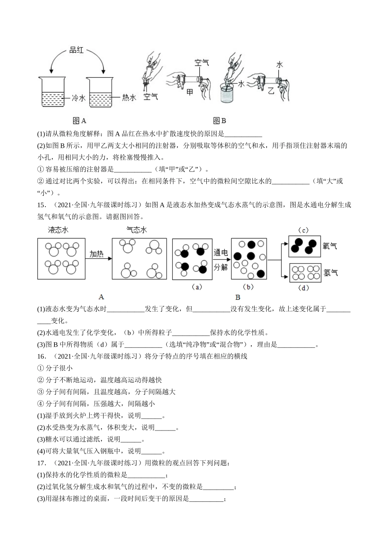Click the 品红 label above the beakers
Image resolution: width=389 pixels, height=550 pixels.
tap(77, 50)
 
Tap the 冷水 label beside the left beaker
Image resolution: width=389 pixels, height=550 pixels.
tap(79, 98)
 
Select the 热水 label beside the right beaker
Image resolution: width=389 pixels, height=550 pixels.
tap(129, 98)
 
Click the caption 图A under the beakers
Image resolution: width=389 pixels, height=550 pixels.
tap(79, 121)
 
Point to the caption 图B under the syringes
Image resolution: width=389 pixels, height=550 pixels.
tap(219, 121)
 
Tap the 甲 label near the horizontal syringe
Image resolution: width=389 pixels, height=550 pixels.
tap(190, 92)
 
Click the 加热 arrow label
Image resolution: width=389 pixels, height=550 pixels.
tap(97, 254)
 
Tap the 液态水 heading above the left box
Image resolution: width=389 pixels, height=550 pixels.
tap(58, 230)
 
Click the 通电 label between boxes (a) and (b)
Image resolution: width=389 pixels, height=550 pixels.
tap(221, 253)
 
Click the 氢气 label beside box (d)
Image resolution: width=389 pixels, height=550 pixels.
tap(330, 272)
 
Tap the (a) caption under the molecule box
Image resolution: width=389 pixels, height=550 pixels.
tap(197, 287)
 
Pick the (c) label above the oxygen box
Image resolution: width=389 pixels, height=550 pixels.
tap(303, 230)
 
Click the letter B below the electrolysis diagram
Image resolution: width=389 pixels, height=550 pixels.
tap(238, 298)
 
